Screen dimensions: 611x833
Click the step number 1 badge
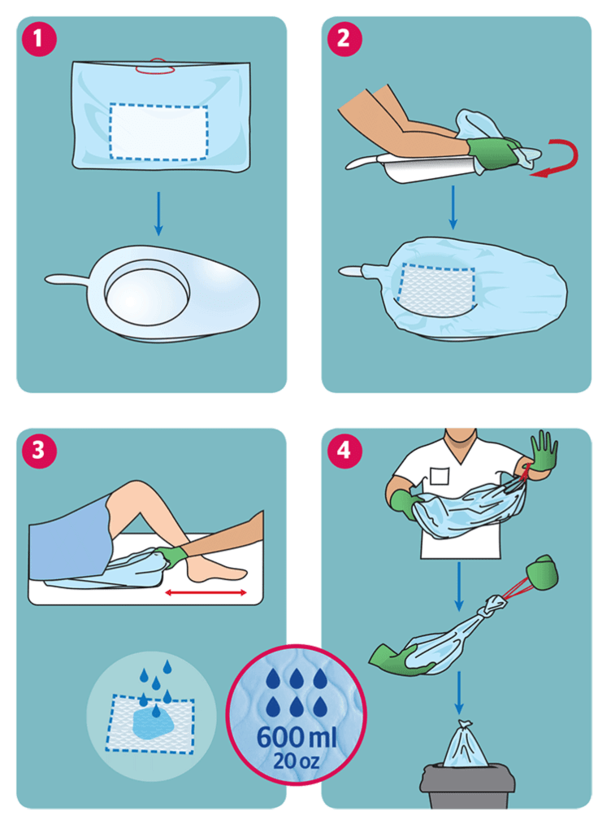(x=39, y=39)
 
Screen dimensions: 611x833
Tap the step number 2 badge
(x=344, y=39)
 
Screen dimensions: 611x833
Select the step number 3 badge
(x=39, y=451)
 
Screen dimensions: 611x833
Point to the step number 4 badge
(x=344, y=451)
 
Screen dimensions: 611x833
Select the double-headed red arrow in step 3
(x=206, y=592)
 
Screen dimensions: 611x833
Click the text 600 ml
(x=296, y=737)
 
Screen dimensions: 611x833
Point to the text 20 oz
(x=296, y=761)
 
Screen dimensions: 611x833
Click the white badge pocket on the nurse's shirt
(x=439, y=476)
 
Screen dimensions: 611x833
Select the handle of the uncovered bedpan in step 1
(x=67, y=280)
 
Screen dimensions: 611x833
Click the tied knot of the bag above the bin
(x=465, y=725)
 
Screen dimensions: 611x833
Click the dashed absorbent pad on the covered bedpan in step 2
(x=437, y=290)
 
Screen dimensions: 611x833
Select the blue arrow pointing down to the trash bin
(x=459, y=693)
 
